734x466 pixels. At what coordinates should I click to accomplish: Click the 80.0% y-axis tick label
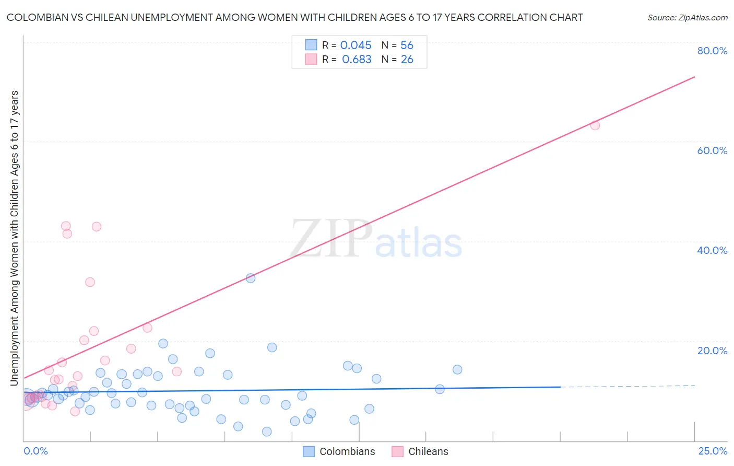pos(712,51)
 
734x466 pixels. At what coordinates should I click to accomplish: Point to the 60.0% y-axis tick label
pos(712,150)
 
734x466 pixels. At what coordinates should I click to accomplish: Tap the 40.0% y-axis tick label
pos(712,250)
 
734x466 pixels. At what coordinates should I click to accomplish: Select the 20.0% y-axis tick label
pos(712,351)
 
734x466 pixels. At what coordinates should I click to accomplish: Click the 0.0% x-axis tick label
pos(35,451)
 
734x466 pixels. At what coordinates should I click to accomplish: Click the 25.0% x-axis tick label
pos(712,451)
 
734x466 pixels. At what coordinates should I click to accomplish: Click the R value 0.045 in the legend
pos(356,45)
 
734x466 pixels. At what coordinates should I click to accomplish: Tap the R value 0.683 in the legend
pos(357,60)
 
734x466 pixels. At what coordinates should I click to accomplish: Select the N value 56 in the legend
pos(407,45)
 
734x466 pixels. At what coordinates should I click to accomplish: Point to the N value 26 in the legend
pos(407,60)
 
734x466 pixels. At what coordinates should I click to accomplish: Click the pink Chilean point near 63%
pos(595,125)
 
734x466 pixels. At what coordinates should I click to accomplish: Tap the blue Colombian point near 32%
pos(251,278)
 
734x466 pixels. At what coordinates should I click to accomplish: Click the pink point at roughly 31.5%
pos(90,282)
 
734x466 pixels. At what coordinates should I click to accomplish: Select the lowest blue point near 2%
pos(267,432)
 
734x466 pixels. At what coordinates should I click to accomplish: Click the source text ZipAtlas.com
pos(687,18)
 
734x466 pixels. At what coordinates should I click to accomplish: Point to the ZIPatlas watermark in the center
pos(376,240)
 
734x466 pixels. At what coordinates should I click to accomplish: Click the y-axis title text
pos(15,238)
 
